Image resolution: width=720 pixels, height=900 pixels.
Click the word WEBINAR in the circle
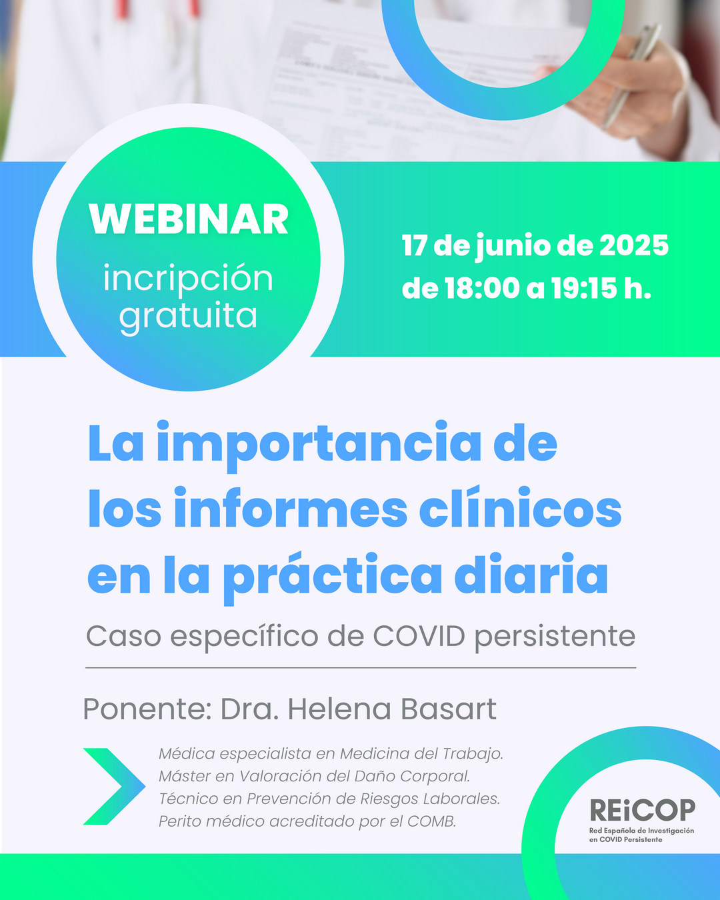(188, 219)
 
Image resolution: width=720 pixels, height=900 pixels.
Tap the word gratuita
(188, 317)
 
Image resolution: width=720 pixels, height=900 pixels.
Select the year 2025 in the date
(634, 245)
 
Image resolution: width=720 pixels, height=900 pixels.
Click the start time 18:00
(483, 288)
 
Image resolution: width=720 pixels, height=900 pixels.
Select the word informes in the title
(291, 507)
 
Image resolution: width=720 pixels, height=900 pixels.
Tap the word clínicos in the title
(520, 507)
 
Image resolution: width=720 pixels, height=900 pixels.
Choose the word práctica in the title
(332, 576)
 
